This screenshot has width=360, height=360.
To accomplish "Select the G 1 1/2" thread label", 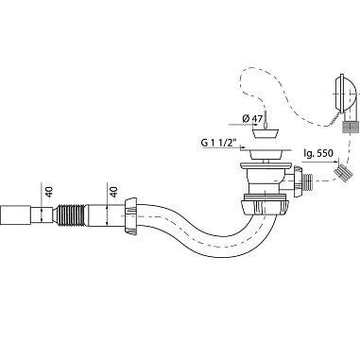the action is (218, 143).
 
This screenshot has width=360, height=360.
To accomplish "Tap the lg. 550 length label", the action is (317, 154).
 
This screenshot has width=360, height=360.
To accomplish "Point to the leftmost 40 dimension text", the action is (49, 192).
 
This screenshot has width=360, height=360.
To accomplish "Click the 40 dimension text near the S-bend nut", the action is (113, 192).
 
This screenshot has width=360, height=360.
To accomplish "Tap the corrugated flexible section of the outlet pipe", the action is (72, 214).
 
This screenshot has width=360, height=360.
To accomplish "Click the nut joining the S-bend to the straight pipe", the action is (130, 216).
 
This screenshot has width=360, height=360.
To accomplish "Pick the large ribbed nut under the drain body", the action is (266, 206).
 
